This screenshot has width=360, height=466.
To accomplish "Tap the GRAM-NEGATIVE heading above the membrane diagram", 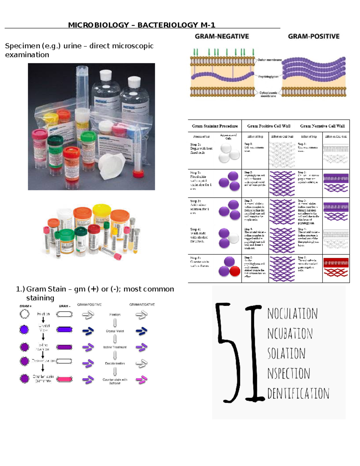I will (222, 36).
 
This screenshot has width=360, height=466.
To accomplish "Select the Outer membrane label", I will (269, 60).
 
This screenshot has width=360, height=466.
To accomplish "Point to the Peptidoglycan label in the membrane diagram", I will (268, 77).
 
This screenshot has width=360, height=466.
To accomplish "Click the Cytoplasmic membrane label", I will (268, 94).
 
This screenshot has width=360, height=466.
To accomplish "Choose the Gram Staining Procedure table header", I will (215, 126).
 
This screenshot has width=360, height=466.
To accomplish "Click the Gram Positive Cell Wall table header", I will (269, 126).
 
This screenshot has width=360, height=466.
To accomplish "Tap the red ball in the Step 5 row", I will (235, 271).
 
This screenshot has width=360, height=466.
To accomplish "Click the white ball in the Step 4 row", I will (233, 239).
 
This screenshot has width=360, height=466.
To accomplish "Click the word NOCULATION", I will (292, 314).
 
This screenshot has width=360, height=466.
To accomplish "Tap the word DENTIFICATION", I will (298, 393).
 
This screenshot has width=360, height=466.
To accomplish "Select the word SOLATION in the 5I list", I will (286, 353).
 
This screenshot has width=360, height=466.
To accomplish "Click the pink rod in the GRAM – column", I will (64, 379).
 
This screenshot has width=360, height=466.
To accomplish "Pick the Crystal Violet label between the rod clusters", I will (115, 331).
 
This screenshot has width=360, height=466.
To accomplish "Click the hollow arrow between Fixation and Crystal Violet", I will (115, 323).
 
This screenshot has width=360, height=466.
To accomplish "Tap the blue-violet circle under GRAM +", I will (24, 330).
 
